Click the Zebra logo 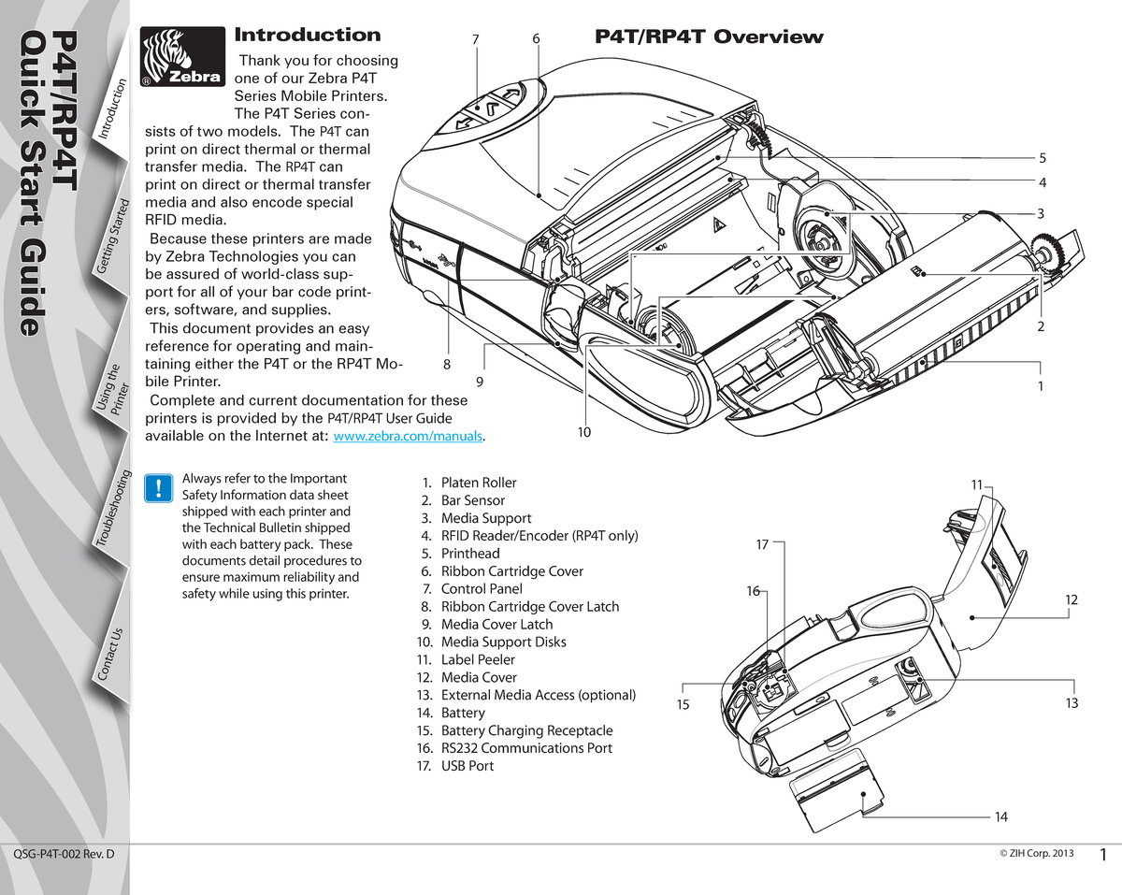click(181, 57)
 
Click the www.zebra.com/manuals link click(408, 437)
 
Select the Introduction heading click(307, 36)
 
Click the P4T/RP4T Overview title click(709, 37)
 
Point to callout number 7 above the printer click(476, 39)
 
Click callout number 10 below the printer click(584, 432)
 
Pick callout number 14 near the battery click(1000, 816)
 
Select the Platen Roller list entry click(478, 483)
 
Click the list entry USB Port click(467, 766)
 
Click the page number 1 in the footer click(1104, 855)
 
